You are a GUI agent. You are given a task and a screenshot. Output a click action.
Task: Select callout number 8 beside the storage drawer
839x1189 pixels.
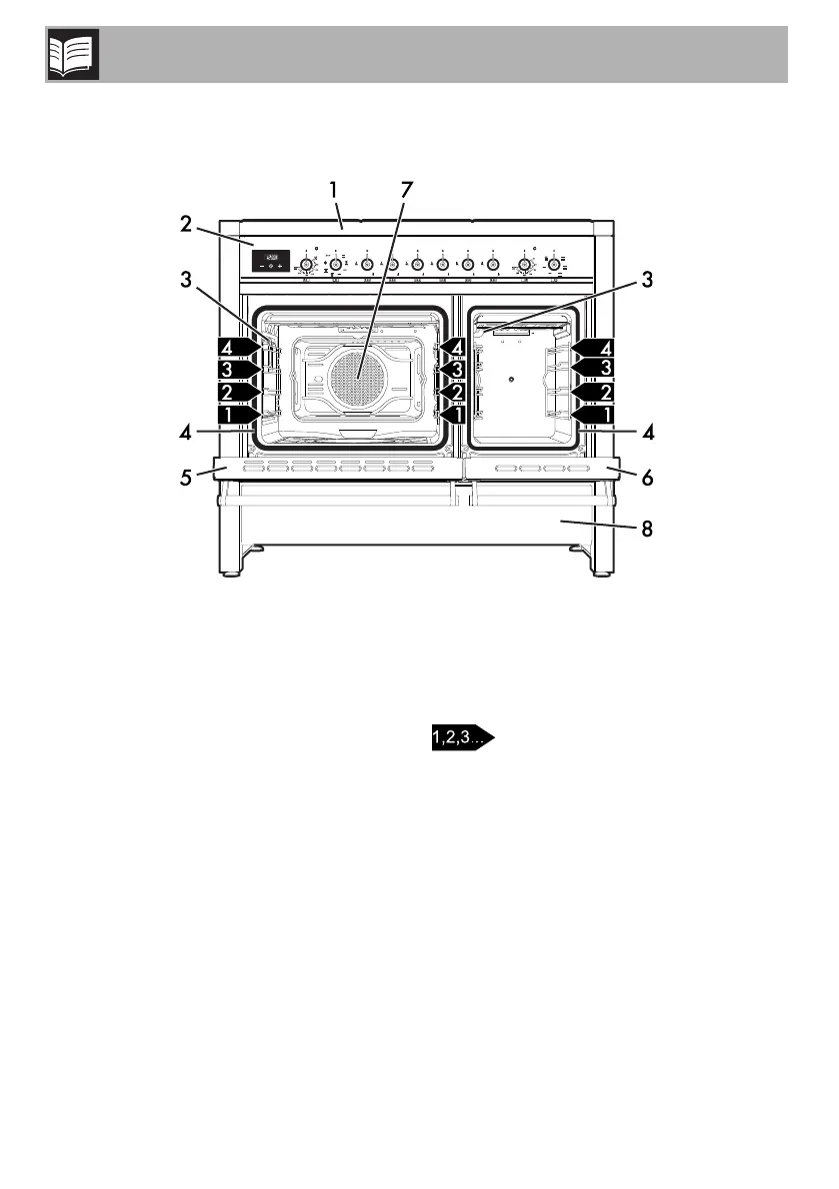pyautogui.click(x=647, y=530)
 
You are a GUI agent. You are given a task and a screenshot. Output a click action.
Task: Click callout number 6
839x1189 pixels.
pyautogui.click(x=647, y=478)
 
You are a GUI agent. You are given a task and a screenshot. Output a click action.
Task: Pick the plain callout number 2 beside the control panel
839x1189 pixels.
pyautogui.click(x=187, y=225)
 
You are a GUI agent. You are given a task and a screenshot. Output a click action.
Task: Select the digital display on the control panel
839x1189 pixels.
pyautogui.click(x=277, y=262)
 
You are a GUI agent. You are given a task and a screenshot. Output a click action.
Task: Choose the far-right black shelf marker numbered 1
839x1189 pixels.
pyautogui.click(x=597, y=412)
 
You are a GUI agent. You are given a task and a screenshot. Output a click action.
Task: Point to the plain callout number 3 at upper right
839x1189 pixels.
pyautogui.click(x=647, y=282)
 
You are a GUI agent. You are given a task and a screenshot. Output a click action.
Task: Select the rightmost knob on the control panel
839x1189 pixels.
pyautogui.click(x=552, y=265)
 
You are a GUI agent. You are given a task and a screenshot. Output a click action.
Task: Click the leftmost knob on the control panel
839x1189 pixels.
pyautogui.click(x=308, y=265)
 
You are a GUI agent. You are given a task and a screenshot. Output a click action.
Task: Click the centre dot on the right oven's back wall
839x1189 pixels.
pyautogui.click(x=511, y=380)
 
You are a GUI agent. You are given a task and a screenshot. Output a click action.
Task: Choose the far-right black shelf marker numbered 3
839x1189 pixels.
pyautogui.click(x=597, y=369)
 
